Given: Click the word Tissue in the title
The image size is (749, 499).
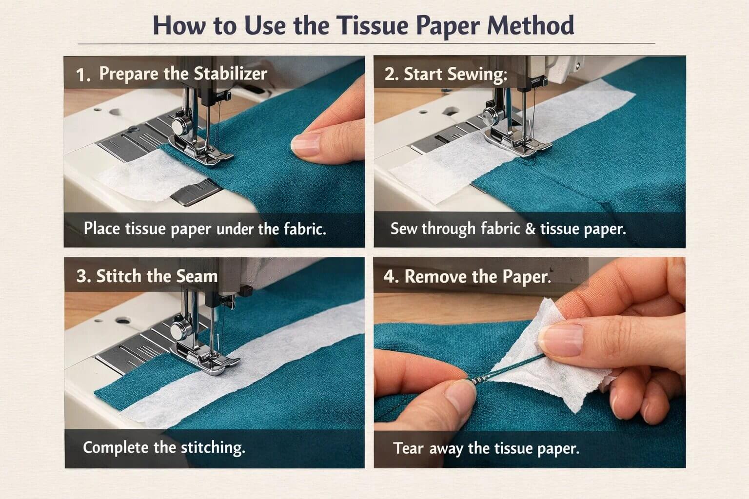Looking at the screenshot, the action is (372, 26).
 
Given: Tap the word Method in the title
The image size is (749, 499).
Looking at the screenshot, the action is (531, 26).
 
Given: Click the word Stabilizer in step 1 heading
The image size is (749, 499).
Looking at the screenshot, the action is (230, 74).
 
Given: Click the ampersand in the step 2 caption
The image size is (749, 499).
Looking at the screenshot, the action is (530, 229).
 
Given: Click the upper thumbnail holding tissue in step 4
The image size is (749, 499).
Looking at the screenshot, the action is (562, 339).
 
